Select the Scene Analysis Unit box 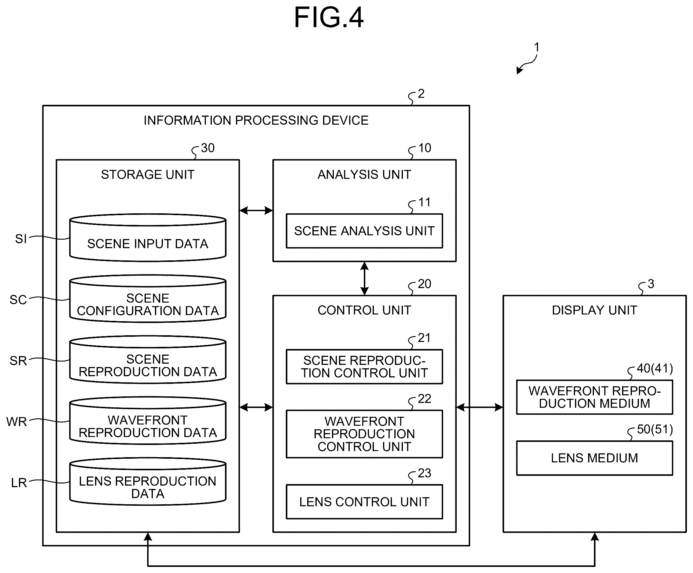tap(364, 231)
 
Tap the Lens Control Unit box tap(364, 502)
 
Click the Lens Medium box tap(594, 458)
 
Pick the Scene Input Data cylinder tap(148, 237)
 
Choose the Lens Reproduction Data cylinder tap(148, 481)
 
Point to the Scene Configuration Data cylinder tap(148, 299)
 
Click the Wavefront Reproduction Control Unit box tap(364, 434)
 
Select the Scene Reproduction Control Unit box tap(364, 366)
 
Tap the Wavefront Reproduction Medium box tap(594, 397)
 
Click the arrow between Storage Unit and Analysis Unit tap(256, 210)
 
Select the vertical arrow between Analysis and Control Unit tap(364, 278)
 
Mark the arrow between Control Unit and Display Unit tap(480, 407)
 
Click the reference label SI tap(21, 238)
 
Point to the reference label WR tap(17, 422)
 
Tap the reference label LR tap(19, 483)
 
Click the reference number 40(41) tap(655, 368)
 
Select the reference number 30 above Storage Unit tap(208, 148)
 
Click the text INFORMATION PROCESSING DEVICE tap(256, 120)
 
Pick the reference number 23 tap(424, 473)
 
